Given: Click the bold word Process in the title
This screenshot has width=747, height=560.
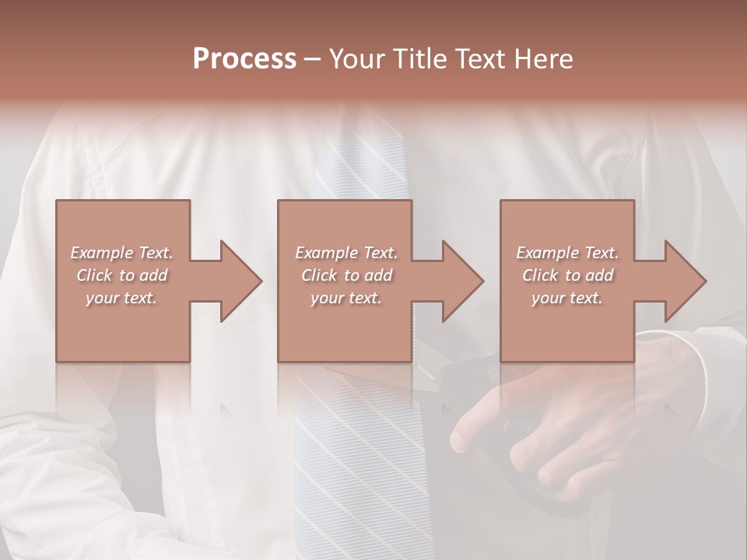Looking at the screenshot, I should pos(244,59).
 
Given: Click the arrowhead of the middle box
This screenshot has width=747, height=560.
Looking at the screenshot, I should pos(462,281).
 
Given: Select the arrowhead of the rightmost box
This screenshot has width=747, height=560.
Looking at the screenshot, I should pos(685,281).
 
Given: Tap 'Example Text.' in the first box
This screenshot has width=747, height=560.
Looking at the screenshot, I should pos(121,253).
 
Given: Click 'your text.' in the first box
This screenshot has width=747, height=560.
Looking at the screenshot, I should pos(121,298).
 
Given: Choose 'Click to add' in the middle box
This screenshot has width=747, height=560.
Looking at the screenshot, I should pos(346,275).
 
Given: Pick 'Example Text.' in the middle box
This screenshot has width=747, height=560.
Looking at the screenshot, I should pos(346,253).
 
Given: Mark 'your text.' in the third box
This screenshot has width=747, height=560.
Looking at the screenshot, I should pos(567,298).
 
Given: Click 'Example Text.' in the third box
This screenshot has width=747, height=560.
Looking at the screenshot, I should pos(567,253).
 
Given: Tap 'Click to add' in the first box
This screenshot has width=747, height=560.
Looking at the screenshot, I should pos(121,275).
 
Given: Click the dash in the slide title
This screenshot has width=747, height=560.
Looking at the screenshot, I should pos(313,59).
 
